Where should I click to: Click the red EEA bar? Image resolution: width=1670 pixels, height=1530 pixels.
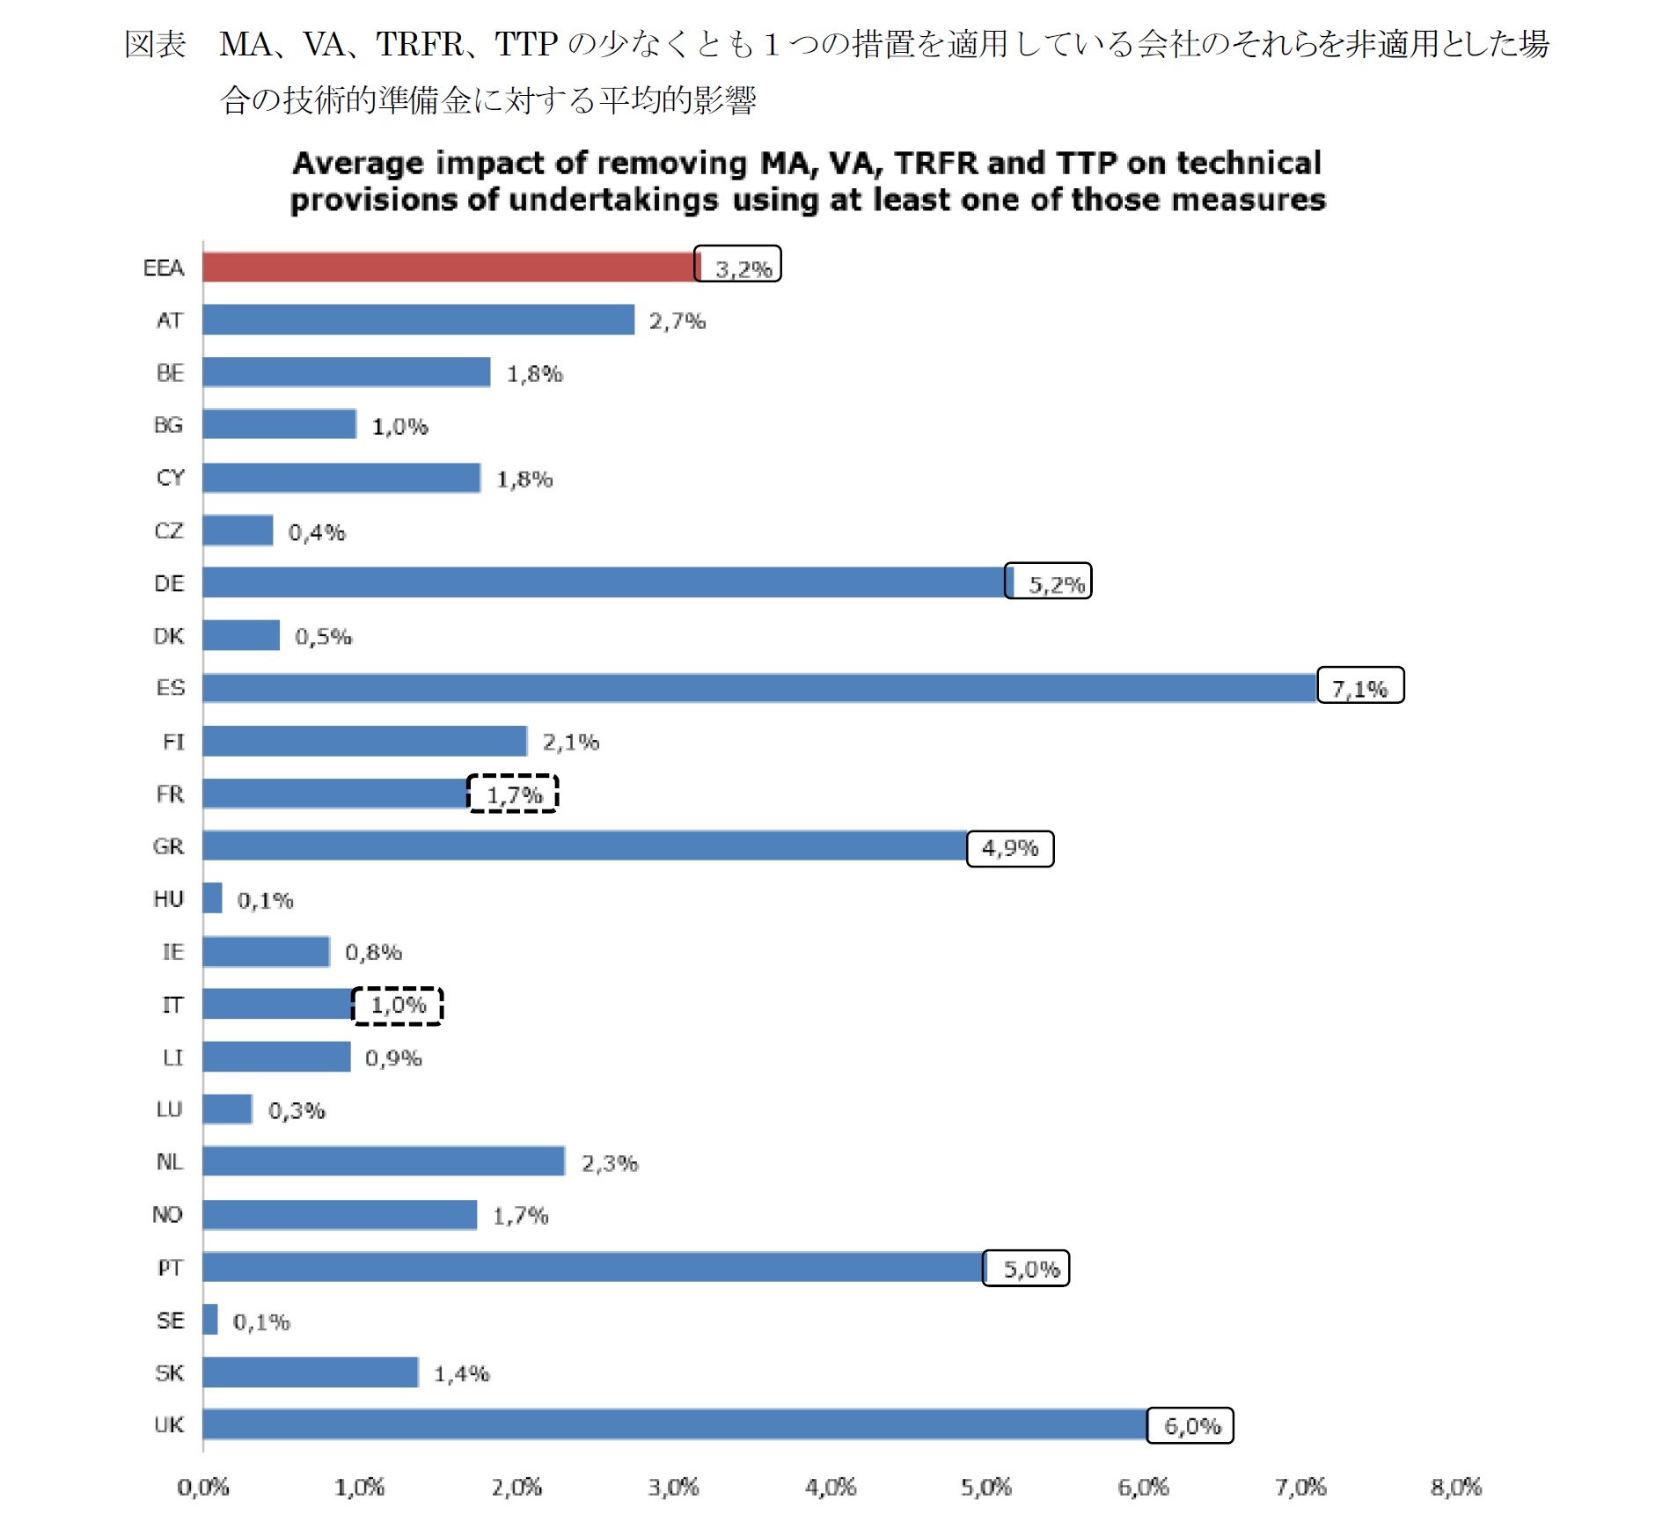[x=449, y=267]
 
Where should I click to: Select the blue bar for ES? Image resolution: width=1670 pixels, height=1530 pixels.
[x=758, y=688]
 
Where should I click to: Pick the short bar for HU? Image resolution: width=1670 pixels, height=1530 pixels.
[x=212, y=898]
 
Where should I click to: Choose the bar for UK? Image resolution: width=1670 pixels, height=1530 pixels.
[x=675, y=1424]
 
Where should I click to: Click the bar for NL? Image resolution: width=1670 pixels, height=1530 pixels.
[x=384, y=1161]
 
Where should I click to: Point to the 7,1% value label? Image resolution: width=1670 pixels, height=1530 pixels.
[x=1359, y=686]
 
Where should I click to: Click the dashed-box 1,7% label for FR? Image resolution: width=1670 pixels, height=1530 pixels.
[x=513, y=794]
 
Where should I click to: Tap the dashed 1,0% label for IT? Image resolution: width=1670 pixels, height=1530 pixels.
[x=398, y=1006]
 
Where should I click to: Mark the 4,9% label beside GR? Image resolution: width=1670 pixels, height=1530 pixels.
[x=1010, y=849]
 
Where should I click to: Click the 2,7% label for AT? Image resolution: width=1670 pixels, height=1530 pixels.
[x=677, y=321]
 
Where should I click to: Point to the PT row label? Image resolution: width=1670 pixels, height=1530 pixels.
[x=170, y=1268]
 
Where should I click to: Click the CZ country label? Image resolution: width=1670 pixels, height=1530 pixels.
[x=169, y=531]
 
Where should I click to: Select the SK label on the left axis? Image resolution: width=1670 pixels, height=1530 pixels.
[x=170, y=1373]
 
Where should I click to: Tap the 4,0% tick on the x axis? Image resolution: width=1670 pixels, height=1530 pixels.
[x=830, y=1488]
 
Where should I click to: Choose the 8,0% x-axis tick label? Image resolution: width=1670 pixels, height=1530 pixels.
[x=1456, y=1488]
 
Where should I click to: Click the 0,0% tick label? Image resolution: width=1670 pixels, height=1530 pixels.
[x=203, y=1488]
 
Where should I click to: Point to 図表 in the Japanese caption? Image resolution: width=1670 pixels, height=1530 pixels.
[x=155, y=44]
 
